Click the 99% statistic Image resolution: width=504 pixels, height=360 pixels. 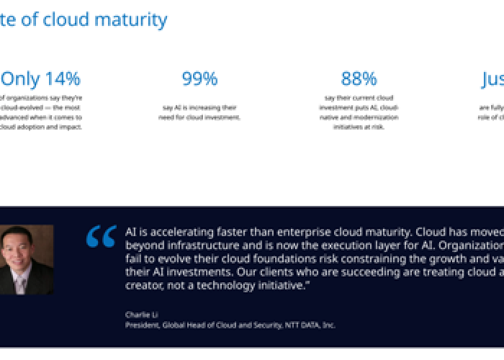click(x=199, y=78)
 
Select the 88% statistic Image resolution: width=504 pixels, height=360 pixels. click(x=359, y=78)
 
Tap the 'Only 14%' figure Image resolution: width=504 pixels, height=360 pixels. click(x=40, y=78)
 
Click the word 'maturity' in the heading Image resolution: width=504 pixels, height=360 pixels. click(x=134, y=19)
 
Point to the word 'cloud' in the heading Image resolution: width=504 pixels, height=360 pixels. click(x=67, y=19)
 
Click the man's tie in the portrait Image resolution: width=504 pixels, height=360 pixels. click(x=20, y=276)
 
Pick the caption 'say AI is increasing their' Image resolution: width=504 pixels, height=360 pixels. click(x=199, y=107)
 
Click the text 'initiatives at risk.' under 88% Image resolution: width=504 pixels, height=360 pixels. click(x=359, y=127)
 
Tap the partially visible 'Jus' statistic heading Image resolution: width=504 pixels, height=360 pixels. click(x=492, y=78)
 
